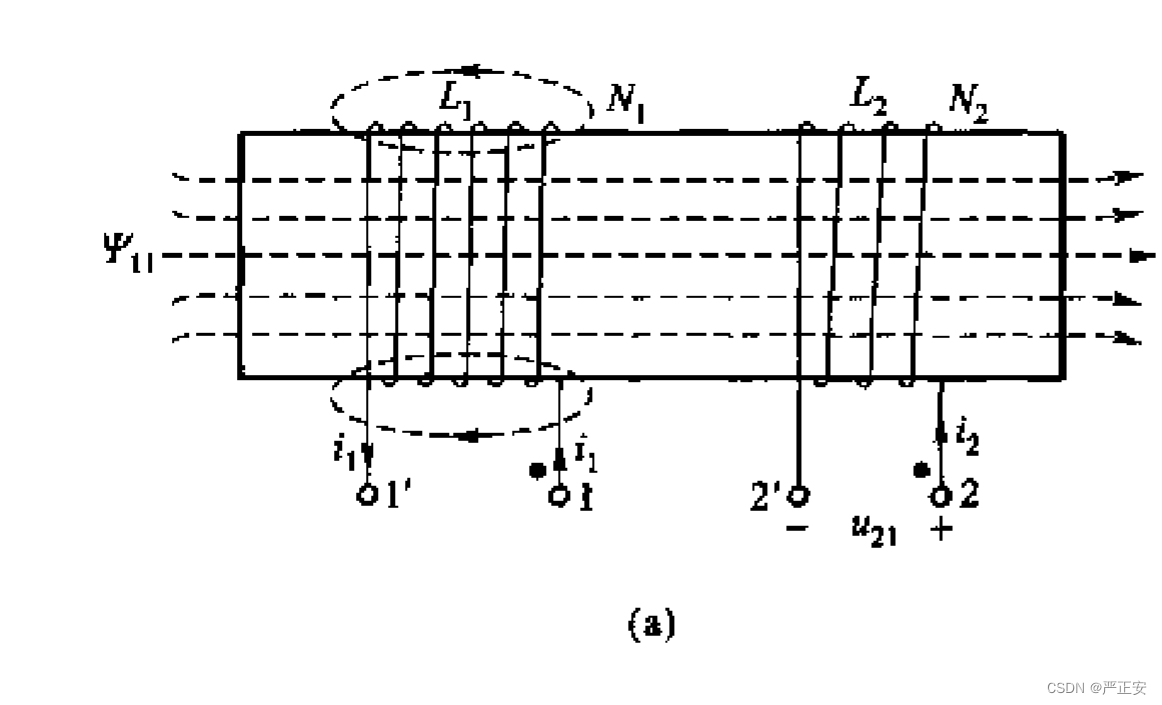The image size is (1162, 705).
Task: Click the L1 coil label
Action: pyautogui.click(x=456, y=97)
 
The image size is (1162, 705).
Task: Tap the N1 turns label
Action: pyautogui.click(x=627, y=102)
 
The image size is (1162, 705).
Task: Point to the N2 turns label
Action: pyautogui.click(x=967, y=102)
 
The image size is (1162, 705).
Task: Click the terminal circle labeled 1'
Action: pyautogui.click(x=367, y=494)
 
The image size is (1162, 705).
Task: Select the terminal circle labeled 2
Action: pyautogui.click(x=939, y=494)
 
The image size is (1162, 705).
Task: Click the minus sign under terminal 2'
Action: pyautogui.click(x=797, y=530)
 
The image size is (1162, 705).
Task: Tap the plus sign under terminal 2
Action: pyautogui.click(x=940, y=530)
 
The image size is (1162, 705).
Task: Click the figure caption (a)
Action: pyautogui.click(x=651, y=624)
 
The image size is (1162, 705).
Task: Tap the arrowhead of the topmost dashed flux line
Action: pyautogui.click(x=1130, y=177)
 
